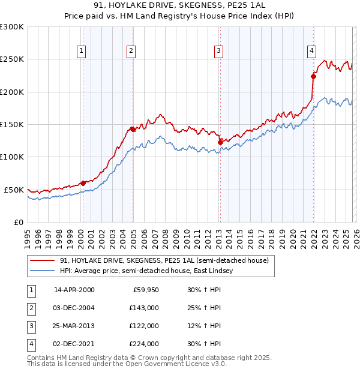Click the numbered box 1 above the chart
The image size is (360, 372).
point(81,51)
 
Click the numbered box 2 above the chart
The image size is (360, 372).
point(131,51)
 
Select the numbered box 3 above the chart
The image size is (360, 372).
point(219,51)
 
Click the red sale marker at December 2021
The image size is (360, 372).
point(313,76)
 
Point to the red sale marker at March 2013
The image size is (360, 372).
point(220,142)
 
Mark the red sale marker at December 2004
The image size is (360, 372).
point(133,128)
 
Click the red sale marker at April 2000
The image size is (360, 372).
point(83,183)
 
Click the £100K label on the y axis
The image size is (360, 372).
point(12,157)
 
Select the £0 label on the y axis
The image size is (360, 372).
point(17,222)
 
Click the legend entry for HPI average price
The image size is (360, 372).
point(148,271)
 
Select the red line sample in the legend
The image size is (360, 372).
point(43,260)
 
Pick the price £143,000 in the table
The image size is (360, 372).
point(144,308)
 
